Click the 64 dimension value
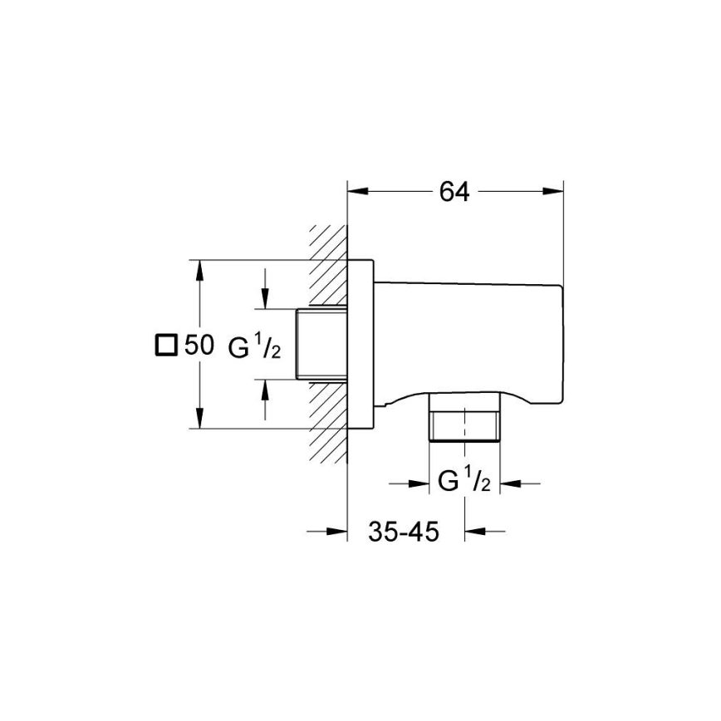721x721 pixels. (454, 192)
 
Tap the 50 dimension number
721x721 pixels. (199, 345)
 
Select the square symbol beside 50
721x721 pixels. (167, 345)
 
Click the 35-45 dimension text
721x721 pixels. (404, 532)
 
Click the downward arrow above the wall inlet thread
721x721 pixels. (265, 299)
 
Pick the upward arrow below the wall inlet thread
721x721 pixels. (265, 390)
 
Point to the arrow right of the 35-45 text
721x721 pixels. (474, 532)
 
